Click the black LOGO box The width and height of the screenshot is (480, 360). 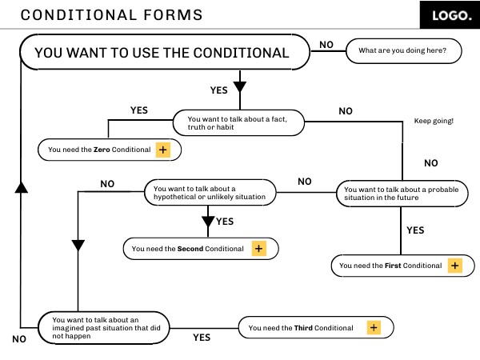pos(450,14)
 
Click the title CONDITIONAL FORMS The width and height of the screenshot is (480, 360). pos(111,15)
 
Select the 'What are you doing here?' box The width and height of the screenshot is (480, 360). pos(403,51)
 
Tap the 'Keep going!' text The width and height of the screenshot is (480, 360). pos(434,121)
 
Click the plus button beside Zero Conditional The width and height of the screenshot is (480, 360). pos(163,150)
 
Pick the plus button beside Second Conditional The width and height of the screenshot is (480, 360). pos(259,248)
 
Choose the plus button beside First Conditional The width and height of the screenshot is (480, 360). pos(455,266)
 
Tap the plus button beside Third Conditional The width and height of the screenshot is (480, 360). pos(374,327)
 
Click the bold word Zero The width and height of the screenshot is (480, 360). pos(102,150)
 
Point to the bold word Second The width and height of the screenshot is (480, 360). pos(190,249)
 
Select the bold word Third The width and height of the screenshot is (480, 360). pos(303,328)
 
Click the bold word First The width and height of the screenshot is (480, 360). pos(393,266)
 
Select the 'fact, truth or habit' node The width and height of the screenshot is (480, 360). pos(238,122)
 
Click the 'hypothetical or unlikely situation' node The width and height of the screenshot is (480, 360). pos(210,192)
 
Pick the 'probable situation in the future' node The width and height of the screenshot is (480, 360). pos(402,194)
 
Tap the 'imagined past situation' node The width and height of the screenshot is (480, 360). pos(104,328)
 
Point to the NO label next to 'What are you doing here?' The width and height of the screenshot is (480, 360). pos(326,45)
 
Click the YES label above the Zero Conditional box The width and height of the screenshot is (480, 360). pos(139,110)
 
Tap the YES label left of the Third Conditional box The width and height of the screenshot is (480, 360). pos(202,338)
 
